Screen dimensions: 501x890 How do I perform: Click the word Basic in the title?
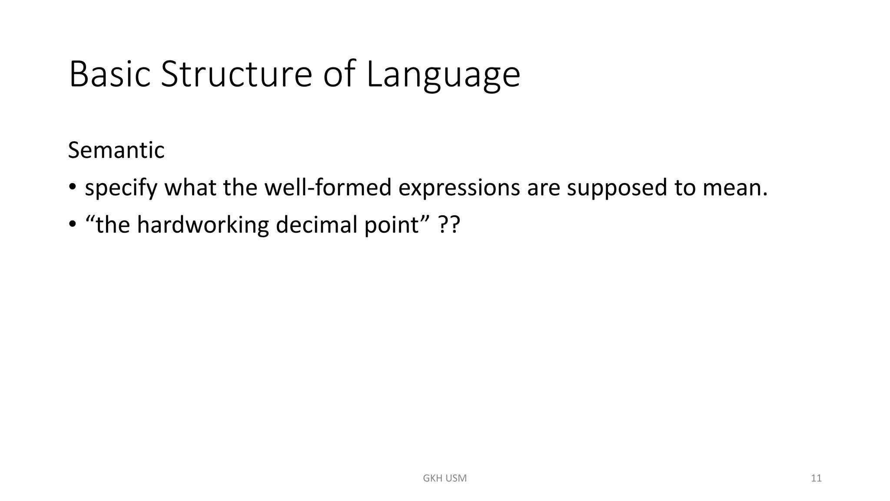tap(110, 74)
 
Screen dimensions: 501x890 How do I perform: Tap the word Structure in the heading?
tap(236, 74)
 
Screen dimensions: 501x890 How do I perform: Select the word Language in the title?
tap(443, 76)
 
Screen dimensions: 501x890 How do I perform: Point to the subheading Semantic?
tap(116, 150)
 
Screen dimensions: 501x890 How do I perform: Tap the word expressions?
tap(459, 188)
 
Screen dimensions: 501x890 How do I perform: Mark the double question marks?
tap(448, 225)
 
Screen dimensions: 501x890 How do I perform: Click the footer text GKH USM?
tap(445, 478)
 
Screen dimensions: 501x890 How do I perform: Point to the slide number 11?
tap(816, 478)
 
